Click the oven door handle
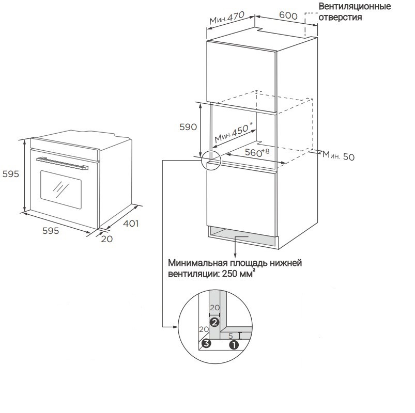[62, 163]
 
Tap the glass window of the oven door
[61, 189]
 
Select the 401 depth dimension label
[131, 224]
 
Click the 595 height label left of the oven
[10, 173]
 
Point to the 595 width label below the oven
[51, 231]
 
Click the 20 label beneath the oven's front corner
[107, 239]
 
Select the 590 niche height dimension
[188, 127]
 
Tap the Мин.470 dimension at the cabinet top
[227, 18]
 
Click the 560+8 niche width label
[257, 152]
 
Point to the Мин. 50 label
[338, 156]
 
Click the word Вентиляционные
[355, 6]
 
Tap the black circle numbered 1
[234, 345]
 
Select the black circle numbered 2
[214, 322]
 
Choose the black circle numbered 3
[206, 344]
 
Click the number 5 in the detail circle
[230, 336]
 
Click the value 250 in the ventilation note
[229, 274]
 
